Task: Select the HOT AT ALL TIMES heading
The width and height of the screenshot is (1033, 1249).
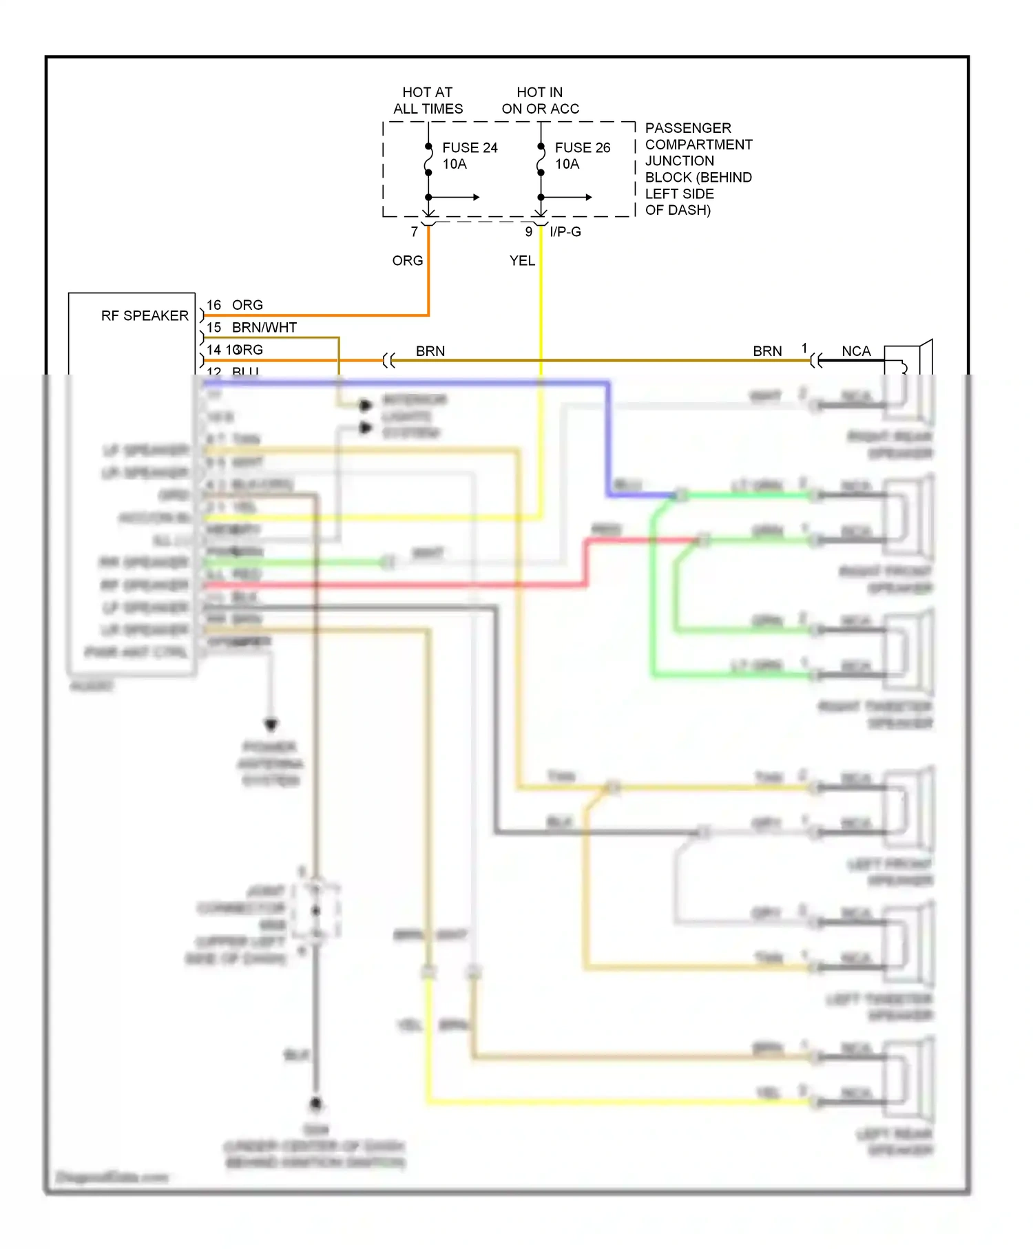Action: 428,101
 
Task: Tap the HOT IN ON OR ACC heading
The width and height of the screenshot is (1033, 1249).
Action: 540,101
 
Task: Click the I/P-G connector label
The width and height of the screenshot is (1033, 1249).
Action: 565,232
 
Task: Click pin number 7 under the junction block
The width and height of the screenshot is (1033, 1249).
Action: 414,232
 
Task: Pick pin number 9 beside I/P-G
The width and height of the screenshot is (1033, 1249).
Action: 528,232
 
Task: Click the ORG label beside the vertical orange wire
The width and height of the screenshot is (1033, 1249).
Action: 407,261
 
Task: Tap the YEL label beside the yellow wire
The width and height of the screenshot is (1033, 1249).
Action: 521,261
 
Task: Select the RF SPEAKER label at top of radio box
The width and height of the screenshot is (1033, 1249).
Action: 145,316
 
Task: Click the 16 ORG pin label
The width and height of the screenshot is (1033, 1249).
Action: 235,305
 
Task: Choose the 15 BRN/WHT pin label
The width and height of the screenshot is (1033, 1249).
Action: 251,328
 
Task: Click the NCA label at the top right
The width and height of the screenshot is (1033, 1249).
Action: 856,351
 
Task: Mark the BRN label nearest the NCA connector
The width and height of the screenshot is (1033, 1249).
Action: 767,351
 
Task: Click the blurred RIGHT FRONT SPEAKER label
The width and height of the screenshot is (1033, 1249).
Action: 886,580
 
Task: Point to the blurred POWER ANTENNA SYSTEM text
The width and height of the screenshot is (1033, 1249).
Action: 270,764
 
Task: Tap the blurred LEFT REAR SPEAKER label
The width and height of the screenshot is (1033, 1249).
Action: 895,1142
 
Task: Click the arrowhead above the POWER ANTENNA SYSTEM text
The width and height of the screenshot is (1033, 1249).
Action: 271,725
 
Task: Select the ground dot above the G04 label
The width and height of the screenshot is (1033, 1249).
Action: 315,1104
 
